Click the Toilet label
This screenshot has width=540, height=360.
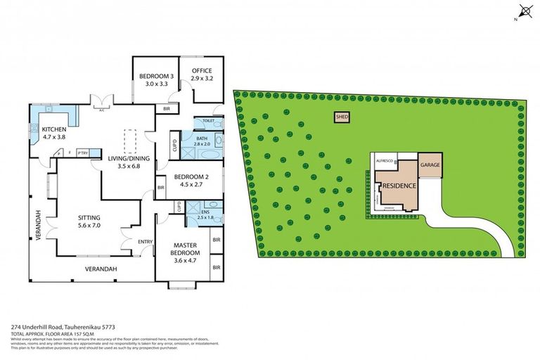point(208,121)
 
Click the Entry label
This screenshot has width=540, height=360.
point(146,243)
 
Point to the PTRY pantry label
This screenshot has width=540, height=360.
point(82,153)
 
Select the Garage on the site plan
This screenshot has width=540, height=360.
point(430,165)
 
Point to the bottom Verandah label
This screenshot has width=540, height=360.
point(101,269)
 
